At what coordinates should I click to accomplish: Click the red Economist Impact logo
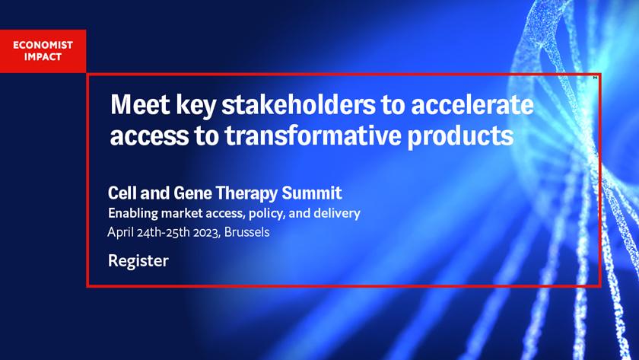pos(43,51)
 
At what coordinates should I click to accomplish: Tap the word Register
pos(138,261)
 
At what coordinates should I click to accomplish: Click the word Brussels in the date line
pos(247,232)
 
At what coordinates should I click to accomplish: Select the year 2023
pos(207,232)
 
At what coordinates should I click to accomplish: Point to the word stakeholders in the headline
pos(298,105)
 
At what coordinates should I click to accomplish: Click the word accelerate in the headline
pos(472,105)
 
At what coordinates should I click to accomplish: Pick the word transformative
pos(313,135)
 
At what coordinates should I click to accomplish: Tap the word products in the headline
pos(460,136)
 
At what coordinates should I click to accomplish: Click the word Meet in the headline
pos(140,105)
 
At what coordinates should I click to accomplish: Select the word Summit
pos(312,193)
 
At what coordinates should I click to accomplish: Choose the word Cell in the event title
pos(122,193)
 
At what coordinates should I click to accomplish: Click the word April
pos(121,232)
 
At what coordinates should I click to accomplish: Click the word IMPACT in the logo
pos(43,56)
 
